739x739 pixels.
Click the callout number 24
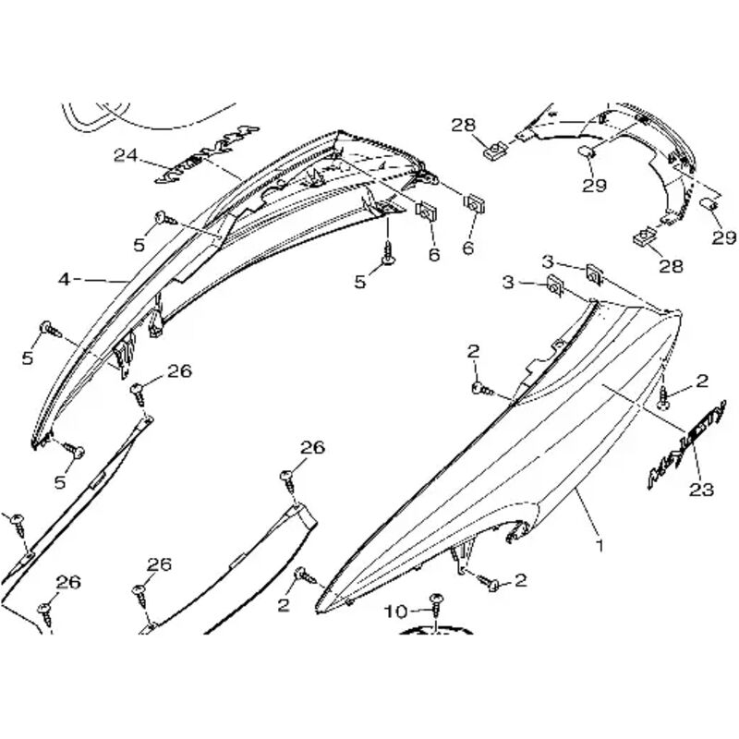click(x=126, y=155)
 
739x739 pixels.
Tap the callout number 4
click(x=64, y=277)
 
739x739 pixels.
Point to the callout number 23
click(x=702, y=490)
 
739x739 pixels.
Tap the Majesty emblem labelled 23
click(x=684, y=442)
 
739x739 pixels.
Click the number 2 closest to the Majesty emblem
click(x=702, y=381)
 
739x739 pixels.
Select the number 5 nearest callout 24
click(x=139, y=245)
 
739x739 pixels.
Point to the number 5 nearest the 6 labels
click(x=361, y=282)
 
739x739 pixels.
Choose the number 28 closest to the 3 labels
click(x=671, y=267)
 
